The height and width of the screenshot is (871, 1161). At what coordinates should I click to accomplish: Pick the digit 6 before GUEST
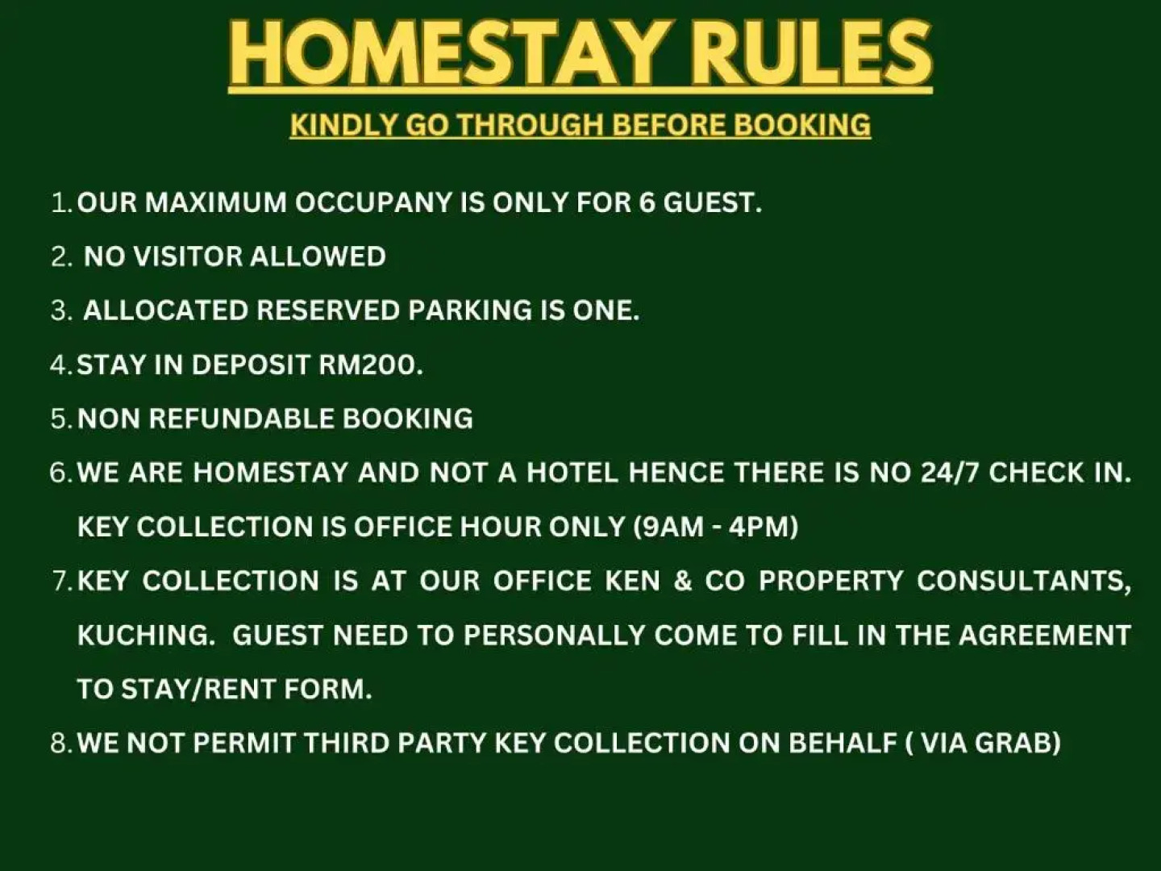[x=647, y=202]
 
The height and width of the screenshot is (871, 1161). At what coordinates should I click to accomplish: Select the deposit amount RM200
[x=370, y=365]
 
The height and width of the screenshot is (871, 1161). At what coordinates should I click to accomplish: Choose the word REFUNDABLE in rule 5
[x=241, y=419]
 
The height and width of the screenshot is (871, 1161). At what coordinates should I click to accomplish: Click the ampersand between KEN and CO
[x=683, y=581]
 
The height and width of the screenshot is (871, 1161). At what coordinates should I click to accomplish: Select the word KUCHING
[x=144, y=635]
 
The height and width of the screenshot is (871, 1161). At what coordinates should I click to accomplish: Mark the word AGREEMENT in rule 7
[x=1045, y=635]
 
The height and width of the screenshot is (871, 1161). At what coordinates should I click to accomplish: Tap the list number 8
[x=58, y=743]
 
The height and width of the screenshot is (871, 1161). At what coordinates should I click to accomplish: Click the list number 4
[x=58, y=365]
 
